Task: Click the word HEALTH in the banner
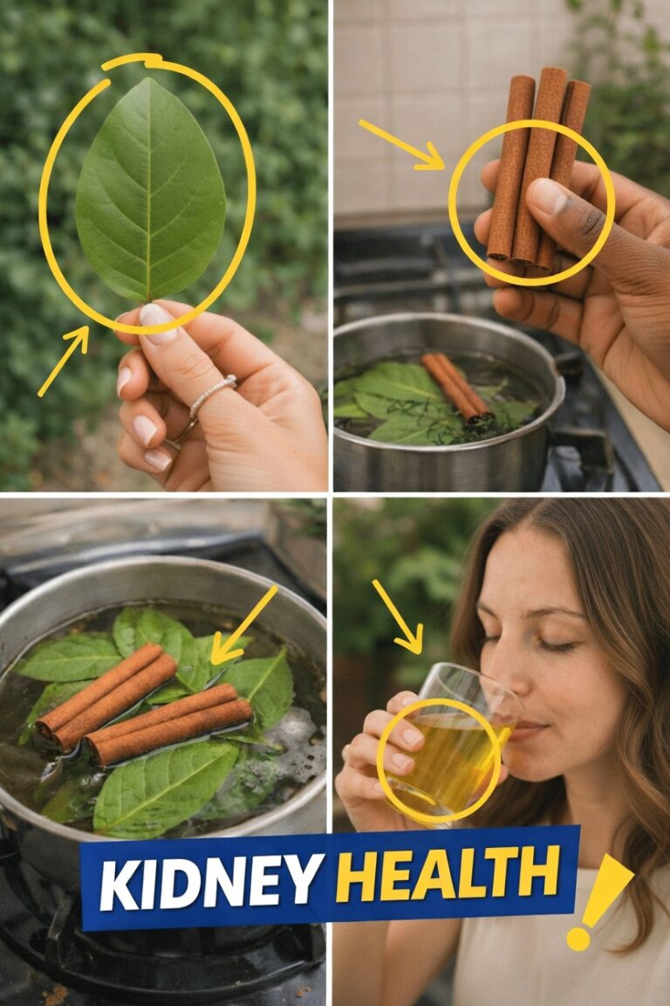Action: click(x=448, y=873)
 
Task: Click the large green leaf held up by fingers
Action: click(x=151, y=190)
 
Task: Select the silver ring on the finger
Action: click(x=212, y=394)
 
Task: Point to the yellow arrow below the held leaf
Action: click(x=63, y=362)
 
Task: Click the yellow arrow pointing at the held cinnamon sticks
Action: click(x=401, y=145)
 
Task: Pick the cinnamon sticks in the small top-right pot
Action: click(x=456, y=386)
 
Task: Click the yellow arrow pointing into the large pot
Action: click(x=243, y=625)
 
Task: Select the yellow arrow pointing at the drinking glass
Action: click(x=398, y=617)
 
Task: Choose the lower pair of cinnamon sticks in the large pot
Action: click(x=168, y=724)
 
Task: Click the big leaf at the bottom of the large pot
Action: click(x=166, y=788)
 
